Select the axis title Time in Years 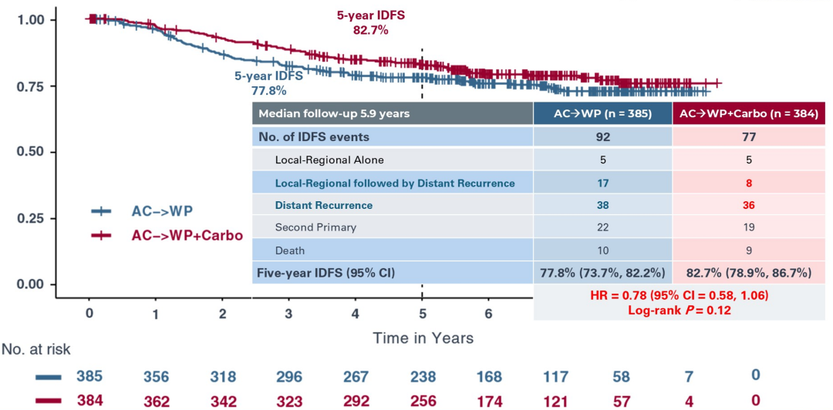coord(423,338)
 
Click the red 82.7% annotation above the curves coord(370,31)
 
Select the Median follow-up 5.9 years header coord(334,113)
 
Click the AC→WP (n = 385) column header coord(603,113)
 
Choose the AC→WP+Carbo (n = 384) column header coord(749,113)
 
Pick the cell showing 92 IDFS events coord(603,137)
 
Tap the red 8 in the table coord(749,183)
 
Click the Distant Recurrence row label coord(324,205)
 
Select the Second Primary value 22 coord(603,228)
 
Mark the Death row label coord(290,250)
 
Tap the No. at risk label coord(35,350)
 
